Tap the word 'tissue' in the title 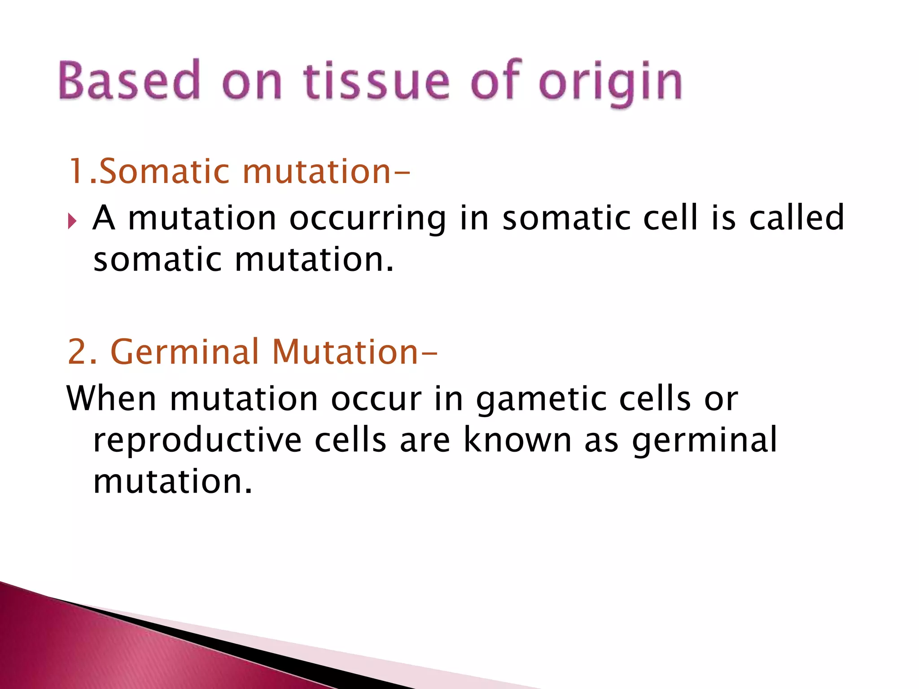pyautogui.click(x=376, y=81)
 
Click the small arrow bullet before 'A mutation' pyautogui.click(x=72, y=221)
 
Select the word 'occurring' pyautogui.click(x=368, y=218)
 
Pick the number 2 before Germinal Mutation pyautogui.click(x=77, y=352)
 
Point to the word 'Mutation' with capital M pyautogui.click(x=346, y=352)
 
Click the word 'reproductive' pyautogui.click(x=197, y=440)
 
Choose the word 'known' pyautogui.click(x=517, y=440)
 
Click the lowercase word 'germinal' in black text pyautogui.click(x=705, y=441)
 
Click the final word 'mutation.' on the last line pyautogui.click(x=173, y=481)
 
